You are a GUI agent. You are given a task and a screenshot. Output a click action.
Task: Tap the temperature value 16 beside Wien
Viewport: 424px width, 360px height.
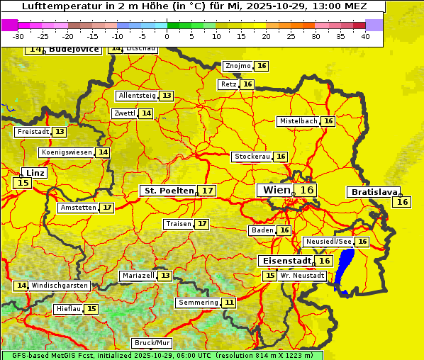click(x=306, y=190)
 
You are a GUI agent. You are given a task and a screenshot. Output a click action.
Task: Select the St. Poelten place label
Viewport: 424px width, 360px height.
click(x=168, y=191)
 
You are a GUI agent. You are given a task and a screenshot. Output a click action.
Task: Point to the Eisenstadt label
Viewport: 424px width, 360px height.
click(x=284, y=261)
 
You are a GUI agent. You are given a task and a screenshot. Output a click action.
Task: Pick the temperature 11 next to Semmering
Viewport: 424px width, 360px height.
click(x=228, y=303)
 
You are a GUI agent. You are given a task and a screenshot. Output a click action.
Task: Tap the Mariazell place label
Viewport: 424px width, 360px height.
click(x=138, y=275)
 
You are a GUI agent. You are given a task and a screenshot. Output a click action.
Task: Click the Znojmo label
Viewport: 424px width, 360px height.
click(x=237, y=66)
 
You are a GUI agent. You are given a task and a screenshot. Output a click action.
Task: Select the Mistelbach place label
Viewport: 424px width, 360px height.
click(x=298, y=121)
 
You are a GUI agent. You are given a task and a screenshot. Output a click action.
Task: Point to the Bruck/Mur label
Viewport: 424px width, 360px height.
click(x=152, y=343)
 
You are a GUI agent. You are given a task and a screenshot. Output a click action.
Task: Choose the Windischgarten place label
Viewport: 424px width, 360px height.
click(x=60, y=286)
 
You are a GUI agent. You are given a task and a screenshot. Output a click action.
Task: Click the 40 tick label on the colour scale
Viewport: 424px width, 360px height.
click(x=365, y=36)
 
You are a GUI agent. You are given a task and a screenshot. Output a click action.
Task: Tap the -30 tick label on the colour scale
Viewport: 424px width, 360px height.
click(x=18, y=36)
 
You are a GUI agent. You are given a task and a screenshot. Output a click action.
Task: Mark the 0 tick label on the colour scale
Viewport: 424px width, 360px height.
click(x=167, y=36)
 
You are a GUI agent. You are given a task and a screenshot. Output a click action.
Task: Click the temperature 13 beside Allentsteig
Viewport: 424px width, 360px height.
click(x=167, y=96)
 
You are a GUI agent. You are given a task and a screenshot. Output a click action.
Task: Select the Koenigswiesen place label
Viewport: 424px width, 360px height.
click(x=67, y=152)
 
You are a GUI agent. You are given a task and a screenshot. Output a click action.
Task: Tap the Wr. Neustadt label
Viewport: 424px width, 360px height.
click(x=303, y=275)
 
